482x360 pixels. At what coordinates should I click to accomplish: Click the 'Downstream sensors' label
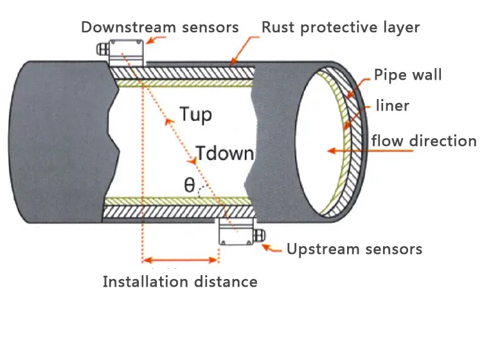tap(160, 27)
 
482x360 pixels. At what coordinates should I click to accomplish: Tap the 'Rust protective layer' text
tap(341, 28)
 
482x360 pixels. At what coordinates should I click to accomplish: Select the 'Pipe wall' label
tap(408, 75)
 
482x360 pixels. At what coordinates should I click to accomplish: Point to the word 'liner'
tap(393, 105)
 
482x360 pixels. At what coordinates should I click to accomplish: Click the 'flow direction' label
tap(424, 141)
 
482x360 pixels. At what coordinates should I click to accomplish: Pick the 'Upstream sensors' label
tap(354, 249)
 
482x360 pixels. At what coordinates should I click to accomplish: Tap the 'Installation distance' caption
tap(180, 282)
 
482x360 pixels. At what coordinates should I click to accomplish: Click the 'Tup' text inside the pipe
tap(196, 114)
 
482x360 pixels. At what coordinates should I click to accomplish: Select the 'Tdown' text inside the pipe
tap(225, 153)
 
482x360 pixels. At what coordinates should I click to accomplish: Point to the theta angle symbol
tap(190, 185)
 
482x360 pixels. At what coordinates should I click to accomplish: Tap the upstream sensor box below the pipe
tap(236, 231)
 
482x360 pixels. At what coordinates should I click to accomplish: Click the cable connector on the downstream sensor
tap(103, 49)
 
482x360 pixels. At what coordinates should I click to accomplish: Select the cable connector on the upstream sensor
tap(260, 235)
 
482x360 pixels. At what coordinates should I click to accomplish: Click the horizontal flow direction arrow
tap(370, 150)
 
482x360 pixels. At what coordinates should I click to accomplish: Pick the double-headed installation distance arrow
tap(181, 260)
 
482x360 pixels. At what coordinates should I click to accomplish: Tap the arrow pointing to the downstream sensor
tap(156, 40)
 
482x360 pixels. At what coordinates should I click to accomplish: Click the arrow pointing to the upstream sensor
tap(271, 248)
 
